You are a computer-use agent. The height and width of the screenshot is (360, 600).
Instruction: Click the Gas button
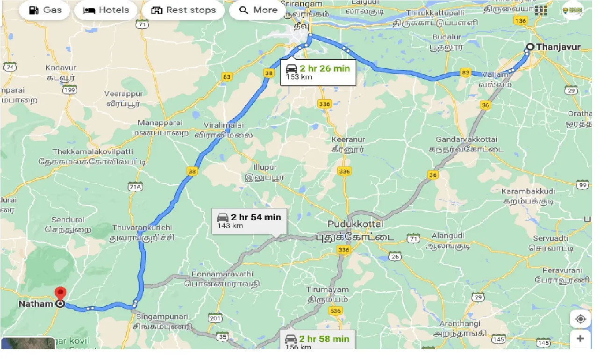(x=44, y=10)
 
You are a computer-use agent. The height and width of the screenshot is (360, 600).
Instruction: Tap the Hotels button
(x=106, y=10)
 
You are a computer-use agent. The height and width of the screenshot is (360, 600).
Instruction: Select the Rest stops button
(x=184, y=10)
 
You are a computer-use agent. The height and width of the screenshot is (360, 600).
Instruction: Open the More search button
(x=257, y=10)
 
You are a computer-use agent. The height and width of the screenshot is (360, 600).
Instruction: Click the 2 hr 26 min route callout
(x=318, y=72)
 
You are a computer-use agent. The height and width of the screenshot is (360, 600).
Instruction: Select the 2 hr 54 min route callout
(x=249, y=220)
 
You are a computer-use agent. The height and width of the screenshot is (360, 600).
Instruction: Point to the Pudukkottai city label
(x=355, y=224)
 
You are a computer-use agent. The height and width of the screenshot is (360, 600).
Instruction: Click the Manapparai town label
(x=160, y=123)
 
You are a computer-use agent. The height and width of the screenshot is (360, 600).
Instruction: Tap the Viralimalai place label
(x=223, y=125)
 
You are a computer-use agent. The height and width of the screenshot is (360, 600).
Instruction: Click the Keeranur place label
(x=348, y=139)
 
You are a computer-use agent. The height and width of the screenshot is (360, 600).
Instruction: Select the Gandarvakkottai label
(x=466, y=140)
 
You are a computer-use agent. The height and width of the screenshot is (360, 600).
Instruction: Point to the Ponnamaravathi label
(x=222, y=274)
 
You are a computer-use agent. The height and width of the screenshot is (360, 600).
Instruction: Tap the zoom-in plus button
(x=580, y=338)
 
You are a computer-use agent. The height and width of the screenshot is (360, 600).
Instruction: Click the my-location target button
(x=580, y=319)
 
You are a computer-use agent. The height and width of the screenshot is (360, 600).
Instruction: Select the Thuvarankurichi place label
(x=142, y=228)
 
